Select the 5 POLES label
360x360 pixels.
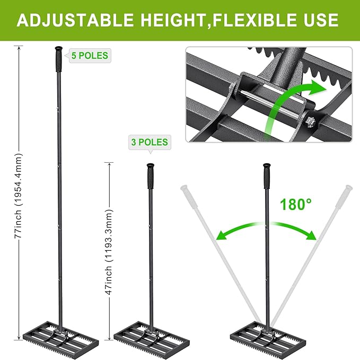pyautogui.click(x=89, y=56)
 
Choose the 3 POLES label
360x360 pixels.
pyautogui.click(x=149, y=142)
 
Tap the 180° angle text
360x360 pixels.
pyautogui.click(x=297, y=204)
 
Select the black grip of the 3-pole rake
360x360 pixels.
pyautogui.click(x=150, y=175)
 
